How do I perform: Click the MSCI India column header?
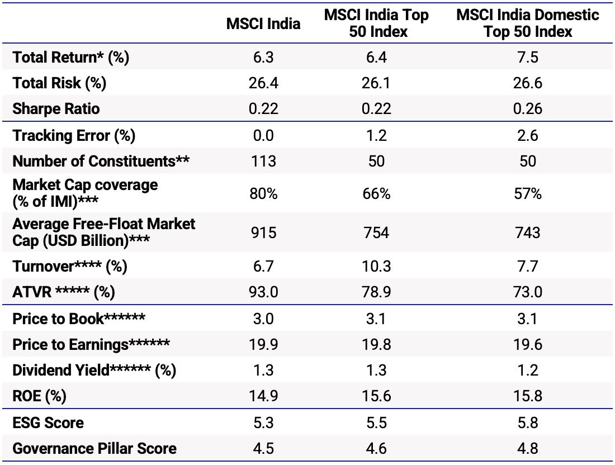(263, 23)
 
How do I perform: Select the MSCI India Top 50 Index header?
(376, 23)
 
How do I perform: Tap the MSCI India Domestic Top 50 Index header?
(528, 23)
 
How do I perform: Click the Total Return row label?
(71, 58)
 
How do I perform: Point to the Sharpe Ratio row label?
(56, 108)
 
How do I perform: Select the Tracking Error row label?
(74, 135)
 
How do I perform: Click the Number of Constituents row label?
(101, 161)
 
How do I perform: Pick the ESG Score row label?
(48, 423)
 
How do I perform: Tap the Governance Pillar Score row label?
(94, 448)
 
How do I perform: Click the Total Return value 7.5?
(528, 58)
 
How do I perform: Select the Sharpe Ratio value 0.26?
(528, 108)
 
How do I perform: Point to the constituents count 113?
(263, 161)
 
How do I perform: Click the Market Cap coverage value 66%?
(376, 193)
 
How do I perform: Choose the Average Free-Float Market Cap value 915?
(263, 232)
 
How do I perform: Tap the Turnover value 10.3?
(376, 267)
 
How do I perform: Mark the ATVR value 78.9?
(376, 292)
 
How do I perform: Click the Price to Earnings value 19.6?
(528, 344)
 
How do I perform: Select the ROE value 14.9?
(263, 396)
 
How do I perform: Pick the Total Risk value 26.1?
(376, 83)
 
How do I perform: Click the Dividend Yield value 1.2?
(528, 370)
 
